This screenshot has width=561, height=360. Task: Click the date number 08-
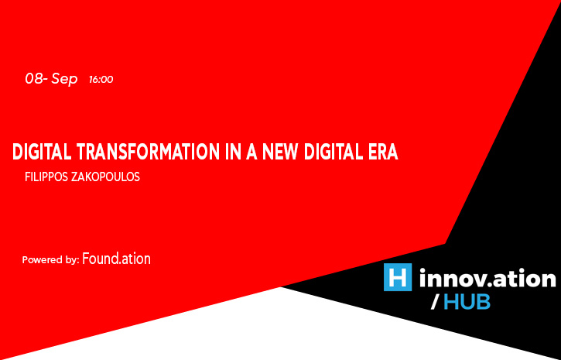point(36,79)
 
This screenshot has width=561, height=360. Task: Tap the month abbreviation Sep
point(64,80)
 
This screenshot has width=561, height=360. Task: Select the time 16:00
point(101,80)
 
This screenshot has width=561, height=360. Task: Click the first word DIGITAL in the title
point(42,152)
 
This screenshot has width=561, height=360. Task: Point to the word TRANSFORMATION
point(147,152)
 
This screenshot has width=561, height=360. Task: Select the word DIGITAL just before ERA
point(332,152)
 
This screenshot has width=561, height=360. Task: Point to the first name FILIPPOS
point(47,177)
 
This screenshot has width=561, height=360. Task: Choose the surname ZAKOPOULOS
point(105,177)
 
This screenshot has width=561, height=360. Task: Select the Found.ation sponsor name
point(117,259)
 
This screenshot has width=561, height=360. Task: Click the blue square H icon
point(398,277)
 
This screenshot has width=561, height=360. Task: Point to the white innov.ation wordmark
point(487,278)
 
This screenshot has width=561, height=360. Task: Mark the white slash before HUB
point(434,303)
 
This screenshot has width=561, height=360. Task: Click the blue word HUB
point(467,303)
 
